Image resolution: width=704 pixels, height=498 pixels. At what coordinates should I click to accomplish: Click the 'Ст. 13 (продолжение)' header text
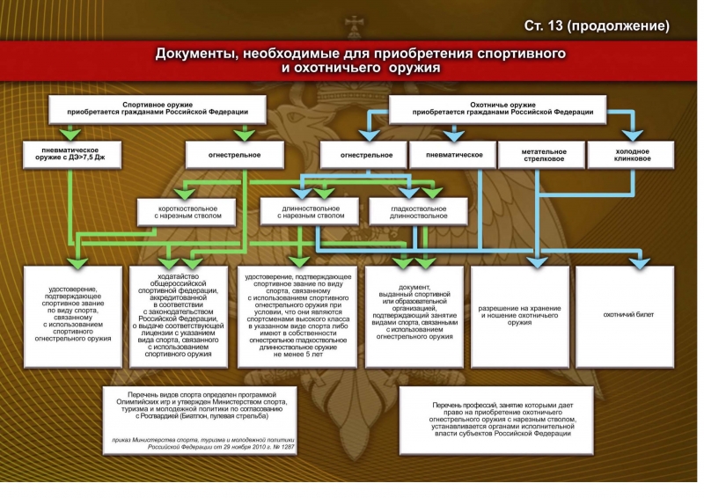click(x=608, y=25)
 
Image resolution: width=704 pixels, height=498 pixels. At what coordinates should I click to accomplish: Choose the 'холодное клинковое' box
click(x=632, y=155)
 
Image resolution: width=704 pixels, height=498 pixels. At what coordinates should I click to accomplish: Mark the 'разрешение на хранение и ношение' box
click(x=519, y=315)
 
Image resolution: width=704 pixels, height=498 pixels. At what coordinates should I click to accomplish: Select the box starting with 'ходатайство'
click(x=181, y=315)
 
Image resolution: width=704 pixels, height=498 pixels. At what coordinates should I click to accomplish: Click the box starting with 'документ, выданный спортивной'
click(x=414, y=315)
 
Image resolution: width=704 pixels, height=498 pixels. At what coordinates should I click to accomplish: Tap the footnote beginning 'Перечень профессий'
click(x=502, y=419)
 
